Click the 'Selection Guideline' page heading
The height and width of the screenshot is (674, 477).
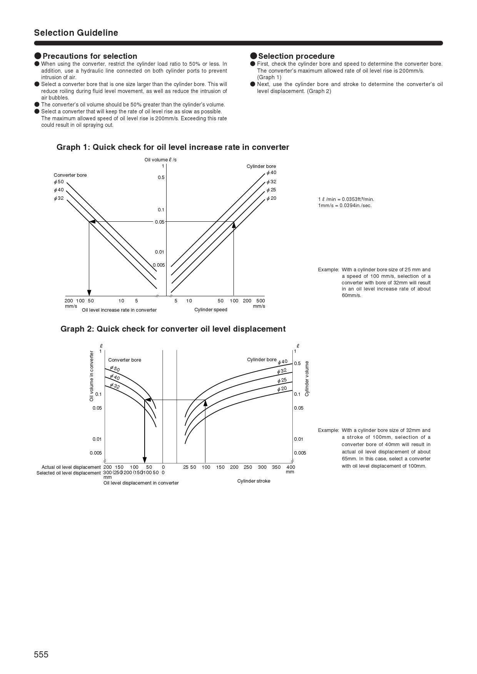pos(76,33)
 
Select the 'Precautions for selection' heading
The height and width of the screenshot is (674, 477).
pos(90,56)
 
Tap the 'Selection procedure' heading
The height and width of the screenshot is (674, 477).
pos(296,56)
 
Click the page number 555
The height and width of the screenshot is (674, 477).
pos(41,654)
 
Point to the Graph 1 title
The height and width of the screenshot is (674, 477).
pos(173,147)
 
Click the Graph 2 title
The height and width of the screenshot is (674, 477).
pos(173,329)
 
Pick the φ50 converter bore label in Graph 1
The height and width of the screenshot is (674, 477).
pos(59,182)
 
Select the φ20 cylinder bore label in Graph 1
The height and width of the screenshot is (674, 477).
pos(271,198)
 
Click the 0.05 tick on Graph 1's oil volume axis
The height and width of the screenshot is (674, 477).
pos(160,222)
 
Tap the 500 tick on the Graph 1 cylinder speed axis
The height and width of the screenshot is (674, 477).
pos(260,301)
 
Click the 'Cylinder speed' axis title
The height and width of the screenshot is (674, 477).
pos(211,310)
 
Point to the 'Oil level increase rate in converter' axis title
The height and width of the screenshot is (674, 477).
pos(119,310)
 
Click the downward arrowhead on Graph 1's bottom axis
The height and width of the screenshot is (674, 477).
pos(89,293)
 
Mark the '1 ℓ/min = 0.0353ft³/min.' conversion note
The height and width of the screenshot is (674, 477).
pos(346,199)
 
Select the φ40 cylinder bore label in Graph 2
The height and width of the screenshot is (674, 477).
pos(283,362)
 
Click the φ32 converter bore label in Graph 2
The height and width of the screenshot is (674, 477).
pos(115,386)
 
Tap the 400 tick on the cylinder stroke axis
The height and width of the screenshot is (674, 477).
pos(291,467)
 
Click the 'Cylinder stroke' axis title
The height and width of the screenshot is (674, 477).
pos(254,481)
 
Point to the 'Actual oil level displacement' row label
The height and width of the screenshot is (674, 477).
pos(71,467)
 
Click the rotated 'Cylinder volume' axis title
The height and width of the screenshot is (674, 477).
pos(307,379)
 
